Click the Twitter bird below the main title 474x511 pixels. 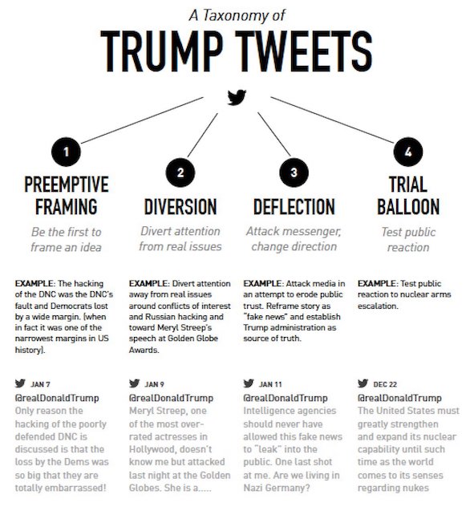(x=237, y=98)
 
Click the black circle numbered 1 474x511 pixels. (x=67, y=152)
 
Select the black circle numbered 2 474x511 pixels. (x=180, y=172)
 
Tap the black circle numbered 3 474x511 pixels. (x=294, y=172)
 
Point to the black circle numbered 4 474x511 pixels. (x=407, y=152)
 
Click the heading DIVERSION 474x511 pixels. (x=180, y=206)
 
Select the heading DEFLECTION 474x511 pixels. (x=294, y=206)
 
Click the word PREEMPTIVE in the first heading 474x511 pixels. (x=67, y=184)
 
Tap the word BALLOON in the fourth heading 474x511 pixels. (x=408, y=206)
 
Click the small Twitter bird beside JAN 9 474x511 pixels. (x=135, y=383)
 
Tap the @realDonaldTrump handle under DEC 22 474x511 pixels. (x=399, y=398)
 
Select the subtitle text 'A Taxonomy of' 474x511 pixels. (x=237, y=14)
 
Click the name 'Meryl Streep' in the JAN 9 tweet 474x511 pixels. (x=156, y=412)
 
